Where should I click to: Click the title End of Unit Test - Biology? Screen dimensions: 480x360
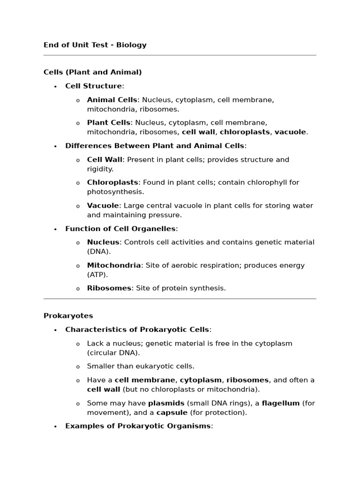(95, 45)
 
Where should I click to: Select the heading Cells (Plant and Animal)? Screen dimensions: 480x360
(93, 72)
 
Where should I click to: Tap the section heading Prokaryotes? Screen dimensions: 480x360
(68, 315)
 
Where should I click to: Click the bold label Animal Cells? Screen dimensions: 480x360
(112, 100)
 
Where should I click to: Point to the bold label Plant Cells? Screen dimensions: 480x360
(109, 123)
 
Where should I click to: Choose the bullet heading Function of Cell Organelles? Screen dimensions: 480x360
(120, 229)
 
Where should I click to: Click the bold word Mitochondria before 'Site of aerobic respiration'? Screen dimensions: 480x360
(114, 265)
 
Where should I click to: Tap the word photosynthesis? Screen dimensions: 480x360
(116, 192)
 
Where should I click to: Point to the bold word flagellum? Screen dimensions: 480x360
(281, 403)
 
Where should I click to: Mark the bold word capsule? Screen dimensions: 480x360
(172, 412)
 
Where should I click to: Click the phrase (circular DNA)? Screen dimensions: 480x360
(113, 352)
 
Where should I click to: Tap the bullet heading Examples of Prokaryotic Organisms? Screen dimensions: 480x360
(138, 426)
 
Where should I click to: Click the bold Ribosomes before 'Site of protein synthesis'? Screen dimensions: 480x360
(109, 288)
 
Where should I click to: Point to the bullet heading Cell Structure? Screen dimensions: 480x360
(93, 86)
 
